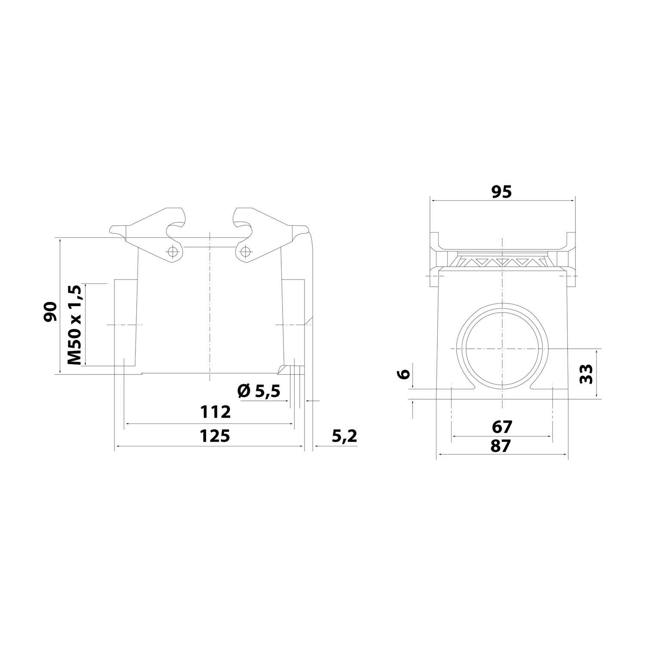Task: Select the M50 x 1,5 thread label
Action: click(75, 325)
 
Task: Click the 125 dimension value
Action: click(215, 436)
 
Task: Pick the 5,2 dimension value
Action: click(344, 436)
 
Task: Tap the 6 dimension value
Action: click(403, 374)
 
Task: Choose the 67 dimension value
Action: click(501, 427)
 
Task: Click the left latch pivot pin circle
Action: click(173, 251)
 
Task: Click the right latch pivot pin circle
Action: click(245, 251)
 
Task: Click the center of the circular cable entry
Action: click(502, 347)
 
